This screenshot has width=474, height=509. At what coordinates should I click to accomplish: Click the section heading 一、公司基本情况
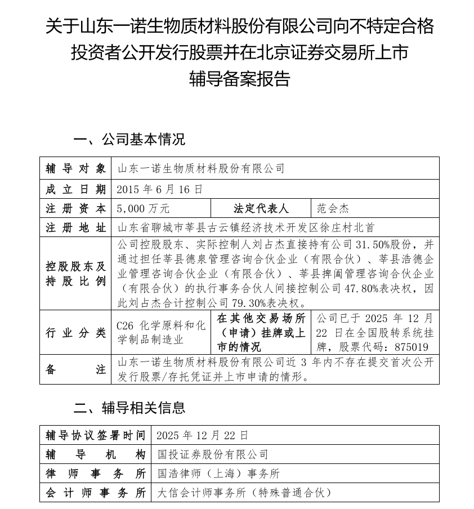pos(129,139)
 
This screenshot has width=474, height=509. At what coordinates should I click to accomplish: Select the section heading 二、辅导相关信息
pos(129,407)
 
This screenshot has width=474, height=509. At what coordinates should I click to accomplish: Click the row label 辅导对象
pos(75,168)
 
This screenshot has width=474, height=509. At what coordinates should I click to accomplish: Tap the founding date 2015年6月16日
pos(159,189)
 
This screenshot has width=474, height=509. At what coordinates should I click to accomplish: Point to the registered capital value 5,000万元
pos(143,208)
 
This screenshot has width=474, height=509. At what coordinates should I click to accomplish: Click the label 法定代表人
pos(261,208)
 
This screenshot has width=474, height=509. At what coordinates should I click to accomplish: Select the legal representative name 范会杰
pos(333,208)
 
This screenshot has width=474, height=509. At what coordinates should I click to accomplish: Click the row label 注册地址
pos(75,228)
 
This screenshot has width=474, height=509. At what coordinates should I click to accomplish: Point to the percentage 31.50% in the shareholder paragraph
pos(373,245)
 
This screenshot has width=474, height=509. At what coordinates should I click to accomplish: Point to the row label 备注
pos(75,370)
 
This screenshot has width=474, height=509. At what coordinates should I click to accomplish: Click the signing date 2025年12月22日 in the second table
pos(202,435)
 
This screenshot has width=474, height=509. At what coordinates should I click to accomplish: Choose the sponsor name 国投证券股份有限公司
pos(213,454)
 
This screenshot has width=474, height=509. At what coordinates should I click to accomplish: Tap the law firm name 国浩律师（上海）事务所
pos(218,474)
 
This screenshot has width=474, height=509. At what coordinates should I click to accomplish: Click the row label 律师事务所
pos(96,474)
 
